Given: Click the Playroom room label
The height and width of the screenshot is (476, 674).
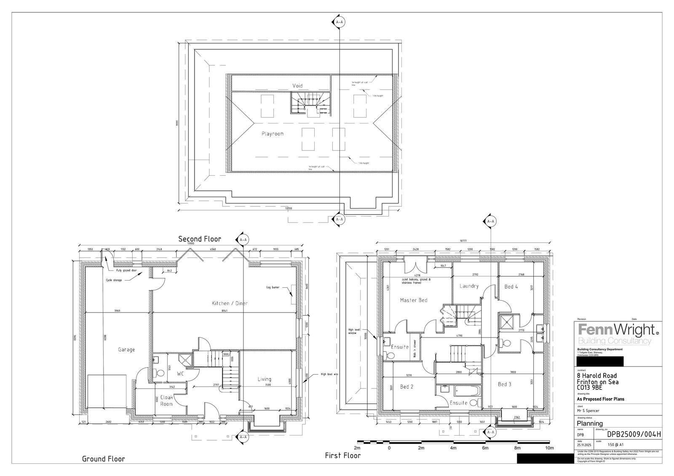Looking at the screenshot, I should tap(273, 134).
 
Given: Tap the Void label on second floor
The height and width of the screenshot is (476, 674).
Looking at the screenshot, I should tap(297, 86).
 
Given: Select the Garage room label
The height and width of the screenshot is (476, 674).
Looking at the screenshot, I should tap(126, 350).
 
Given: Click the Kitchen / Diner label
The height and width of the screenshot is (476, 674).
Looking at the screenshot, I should tap(230, 303).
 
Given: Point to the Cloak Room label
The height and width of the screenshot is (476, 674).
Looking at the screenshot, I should tap(166, 401).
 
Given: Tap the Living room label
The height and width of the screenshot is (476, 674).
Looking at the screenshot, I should tap(264, 379).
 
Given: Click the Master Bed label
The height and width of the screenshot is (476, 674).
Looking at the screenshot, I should tap(414, 300).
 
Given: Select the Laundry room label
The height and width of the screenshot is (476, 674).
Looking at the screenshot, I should tap(469, 286).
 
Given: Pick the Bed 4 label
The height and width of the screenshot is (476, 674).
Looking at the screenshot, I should tap(511, 286).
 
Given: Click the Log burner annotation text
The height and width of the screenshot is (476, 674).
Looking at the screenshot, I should tap(273, 287).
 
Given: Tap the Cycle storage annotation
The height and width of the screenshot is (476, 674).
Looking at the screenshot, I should tap(114, 280).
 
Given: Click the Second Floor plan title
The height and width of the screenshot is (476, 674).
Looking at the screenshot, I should tap(200, 239).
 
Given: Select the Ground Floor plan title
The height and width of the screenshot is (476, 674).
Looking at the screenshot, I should tap(103, 459).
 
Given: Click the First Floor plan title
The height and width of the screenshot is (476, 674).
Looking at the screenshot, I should tap(342, 456).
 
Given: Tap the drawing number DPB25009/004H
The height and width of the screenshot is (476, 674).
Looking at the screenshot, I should tap(634, 435).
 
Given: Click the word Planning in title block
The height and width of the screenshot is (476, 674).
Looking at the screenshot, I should tap(589, 423).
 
